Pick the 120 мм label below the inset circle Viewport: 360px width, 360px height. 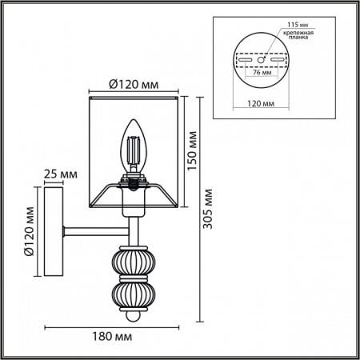click(x=258, y=103)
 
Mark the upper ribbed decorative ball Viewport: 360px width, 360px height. click(x=131, y=262)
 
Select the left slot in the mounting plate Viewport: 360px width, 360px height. click(x=242, y=59)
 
